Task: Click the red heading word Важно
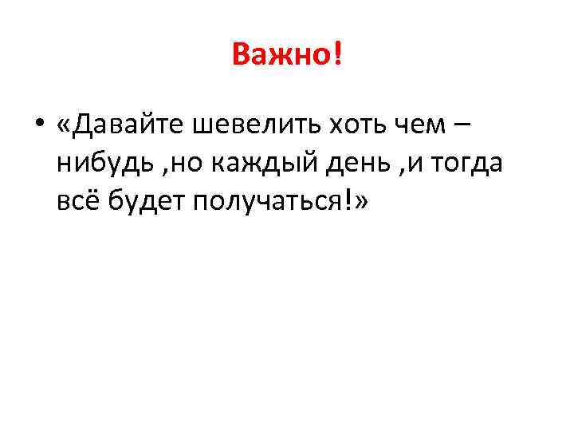tap(280, 56)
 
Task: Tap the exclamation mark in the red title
tap(336, 56)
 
